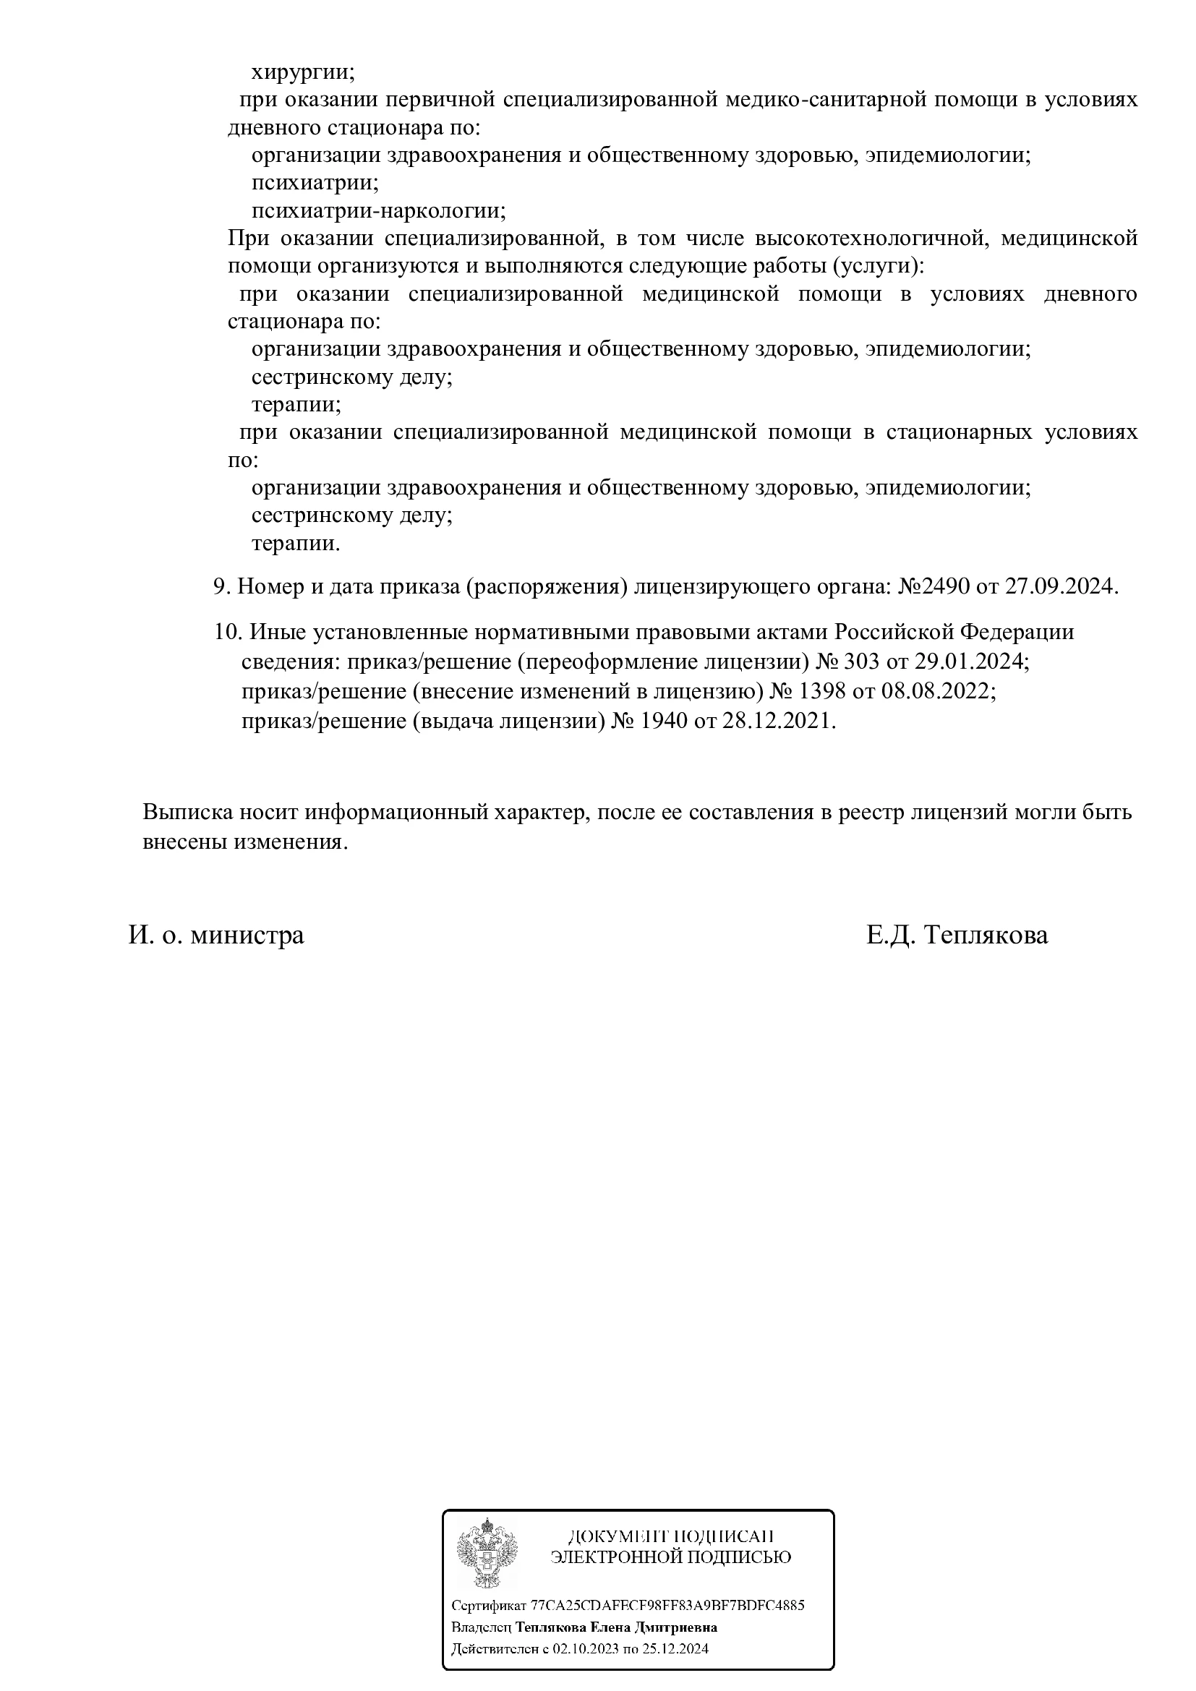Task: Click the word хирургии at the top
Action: click(304, 72)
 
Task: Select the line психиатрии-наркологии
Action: click(378, 211)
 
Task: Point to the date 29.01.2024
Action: click(969, 661)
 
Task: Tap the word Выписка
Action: click(187, 813)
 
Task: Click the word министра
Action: click(247, 936)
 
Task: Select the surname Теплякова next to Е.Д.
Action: click(986, 936)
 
